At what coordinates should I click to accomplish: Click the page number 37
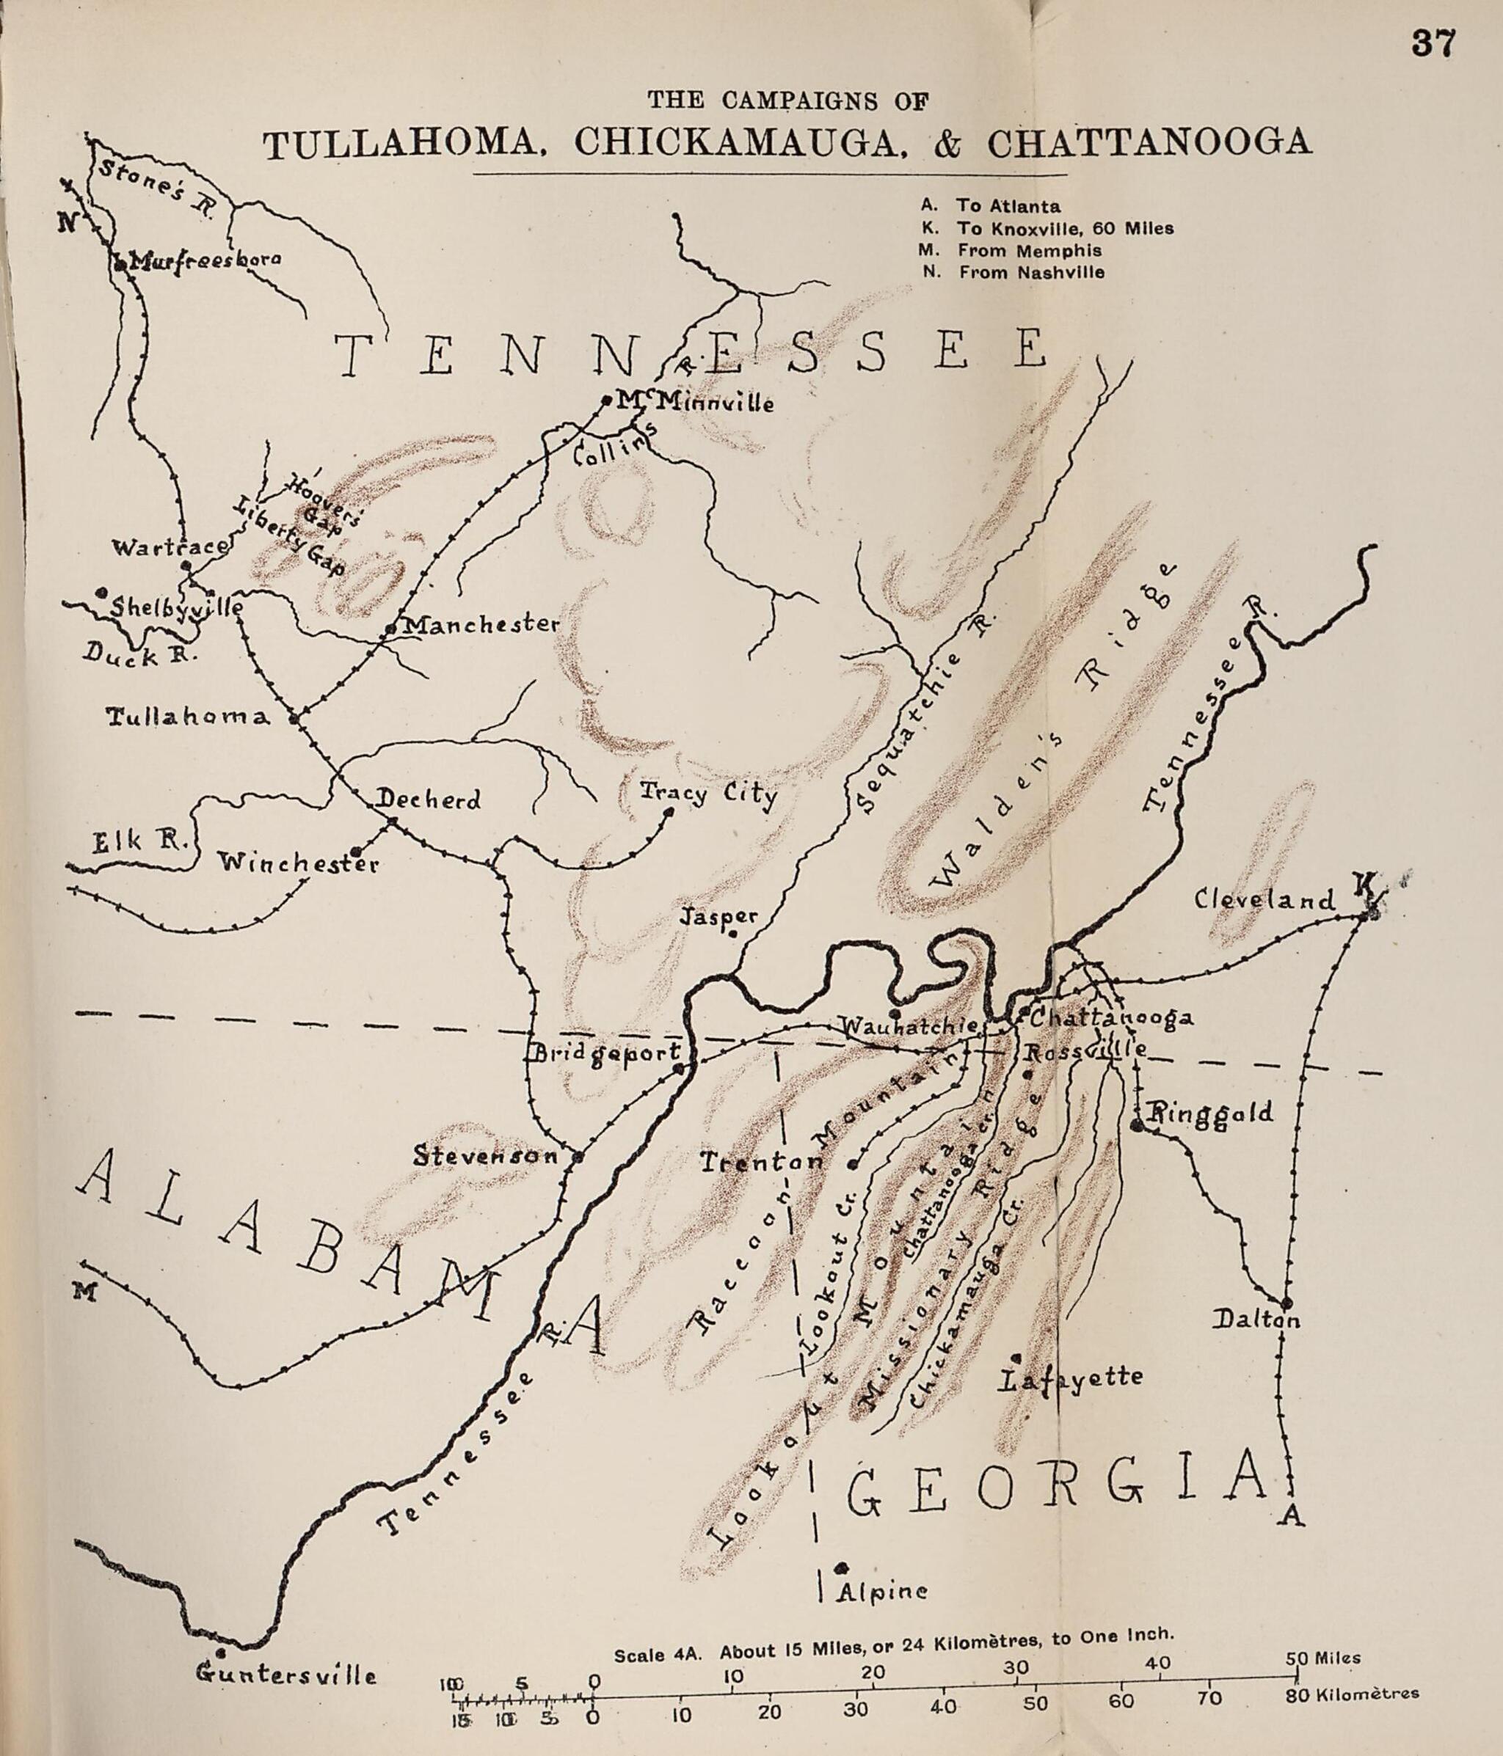[x=1433, y=43]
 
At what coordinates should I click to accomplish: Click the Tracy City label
[x=708, y=794]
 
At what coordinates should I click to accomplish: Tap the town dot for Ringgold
[x=1137, y=1124]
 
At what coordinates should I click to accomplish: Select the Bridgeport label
[x=606, y=1053]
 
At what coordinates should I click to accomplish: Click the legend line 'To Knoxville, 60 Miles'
[x=1065, y=228]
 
